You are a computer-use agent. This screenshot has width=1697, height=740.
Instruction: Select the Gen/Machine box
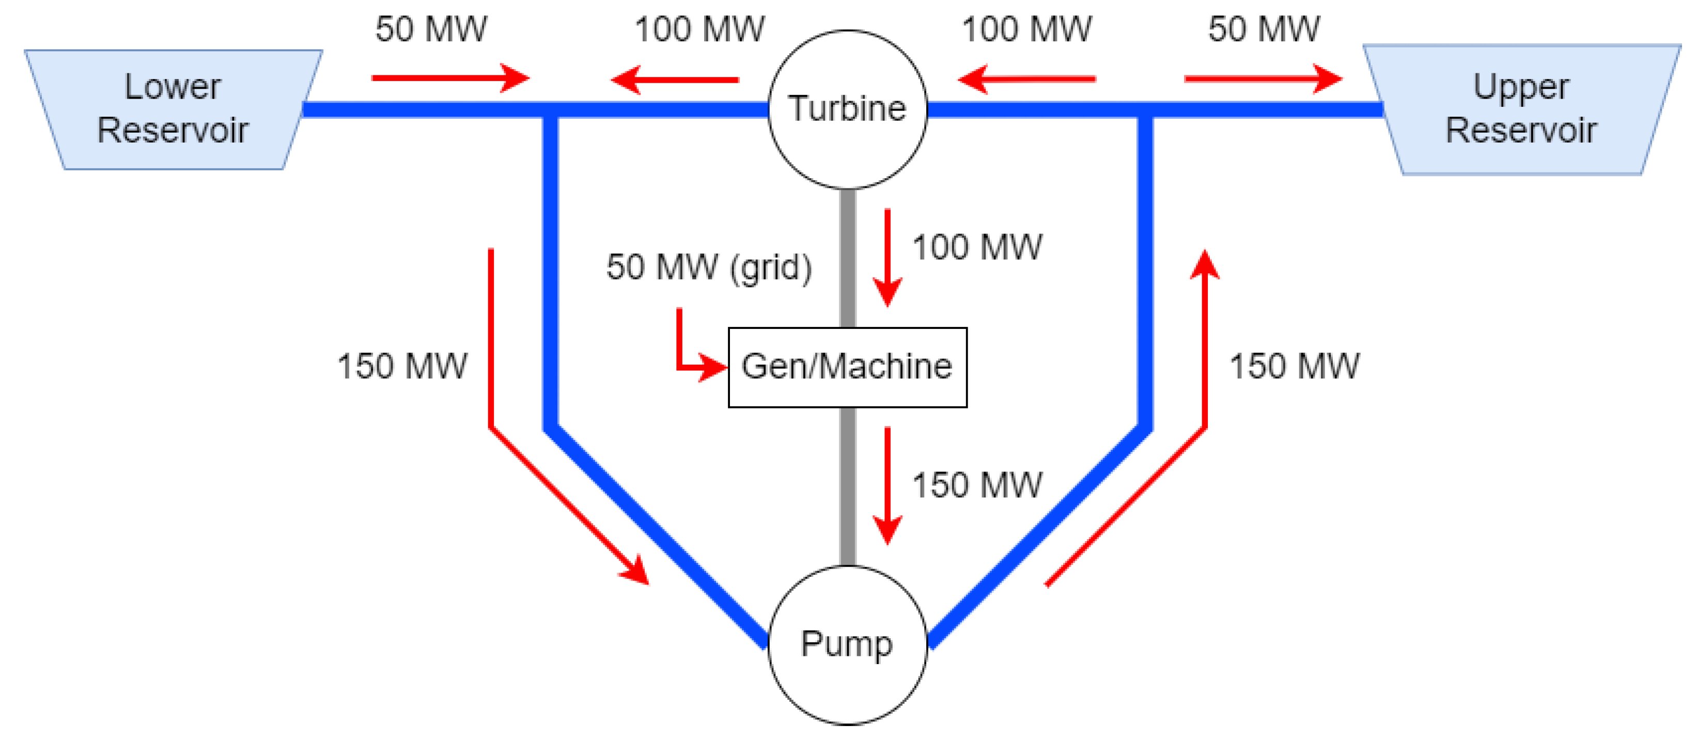[847, 367]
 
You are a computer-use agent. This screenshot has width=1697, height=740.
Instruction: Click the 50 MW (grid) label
[709, 266]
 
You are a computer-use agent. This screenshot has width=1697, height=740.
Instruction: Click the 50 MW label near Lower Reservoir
[431, 29]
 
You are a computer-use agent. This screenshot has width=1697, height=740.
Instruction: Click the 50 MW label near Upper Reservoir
[1263, 29]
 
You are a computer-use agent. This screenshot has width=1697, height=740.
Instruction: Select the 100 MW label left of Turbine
[699, 29]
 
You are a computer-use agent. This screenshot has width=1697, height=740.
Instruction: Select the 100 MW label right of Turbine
[1026, 29]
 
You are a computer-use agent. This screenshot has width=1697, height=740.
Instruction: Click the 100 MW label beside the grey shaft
[976, 247]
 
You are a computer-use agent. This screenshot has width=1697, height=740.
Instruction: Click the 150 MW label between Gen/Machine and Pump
[976, 485]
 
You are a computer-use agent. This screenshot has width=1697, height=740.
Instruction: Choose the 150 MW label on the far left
[402, 366]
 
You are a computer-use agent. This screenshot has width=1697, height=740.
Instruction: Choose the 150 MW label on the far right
[1294, 366]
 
